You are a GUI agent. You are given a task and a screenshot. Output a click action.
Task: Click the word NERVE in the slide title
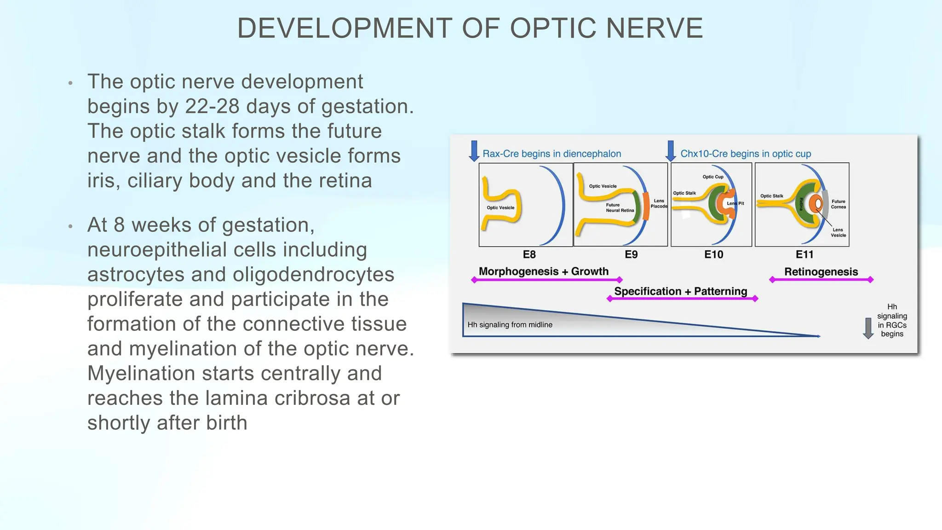pos(654,29)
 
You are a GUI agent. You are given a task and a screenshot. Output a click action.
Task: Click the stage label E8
pos(529,254)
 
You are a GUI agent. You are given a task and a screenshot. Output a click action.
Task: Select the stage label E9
pos(631,254)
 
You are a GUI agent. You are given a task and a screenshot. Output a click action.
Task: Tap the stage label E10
pos(713,254)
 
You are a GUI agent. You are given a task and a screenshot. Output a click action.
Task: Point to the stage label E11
pos(804,254)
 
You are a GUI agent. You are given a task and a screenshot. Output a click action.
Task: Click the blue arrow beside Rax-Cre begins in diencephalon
pos(474,151)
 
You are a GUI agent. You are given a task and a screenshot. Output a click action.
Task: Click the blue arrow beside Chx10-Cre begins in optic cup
pos(671,151)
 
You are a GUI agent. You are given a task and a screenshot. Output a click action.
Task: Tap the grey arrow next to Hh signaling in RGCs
pos(868,328)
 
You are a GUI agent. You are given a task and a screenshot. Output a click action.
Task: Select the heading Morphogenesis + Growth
pos(543,271)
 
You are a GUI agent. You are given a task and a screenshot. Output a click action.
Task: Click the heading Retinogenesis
pos(821,272)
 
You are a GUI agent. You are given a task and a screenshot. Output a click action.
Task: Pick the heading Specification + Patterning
pos(680,291)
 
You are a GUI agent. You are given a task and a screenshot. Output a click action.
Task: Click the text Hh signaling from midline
pos(510,325)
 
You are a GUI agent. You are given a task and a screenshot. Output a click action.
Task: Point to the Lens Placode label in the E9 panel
pos(659,203)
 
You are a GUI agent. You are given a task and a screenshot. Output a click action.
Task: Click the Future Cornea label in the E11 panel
pos(838,204)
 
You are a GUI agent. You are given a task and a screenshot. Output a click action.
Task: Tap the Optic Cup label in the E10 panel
pos(712,177)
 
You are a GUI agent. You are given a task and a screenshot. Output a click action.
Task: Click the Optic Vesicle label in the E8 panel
pos(500,207)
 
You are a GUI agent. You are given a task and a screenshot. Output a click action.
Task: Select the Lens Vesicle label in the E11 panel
pos(838,232)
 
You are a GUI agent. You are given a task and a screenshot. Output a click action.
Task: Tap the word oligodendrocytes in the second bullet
pos(313,275)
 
